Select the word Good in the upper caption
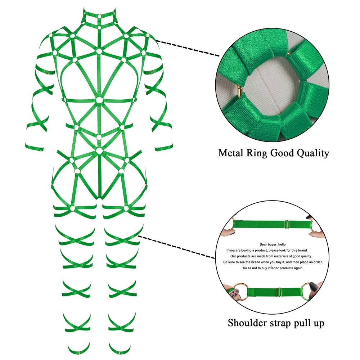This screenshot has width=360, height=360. coord(277,153)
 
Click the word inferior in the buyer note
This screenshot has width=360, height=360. coord(274,268)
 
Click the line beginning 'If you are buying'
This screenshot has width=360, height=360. coord(266,250)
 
